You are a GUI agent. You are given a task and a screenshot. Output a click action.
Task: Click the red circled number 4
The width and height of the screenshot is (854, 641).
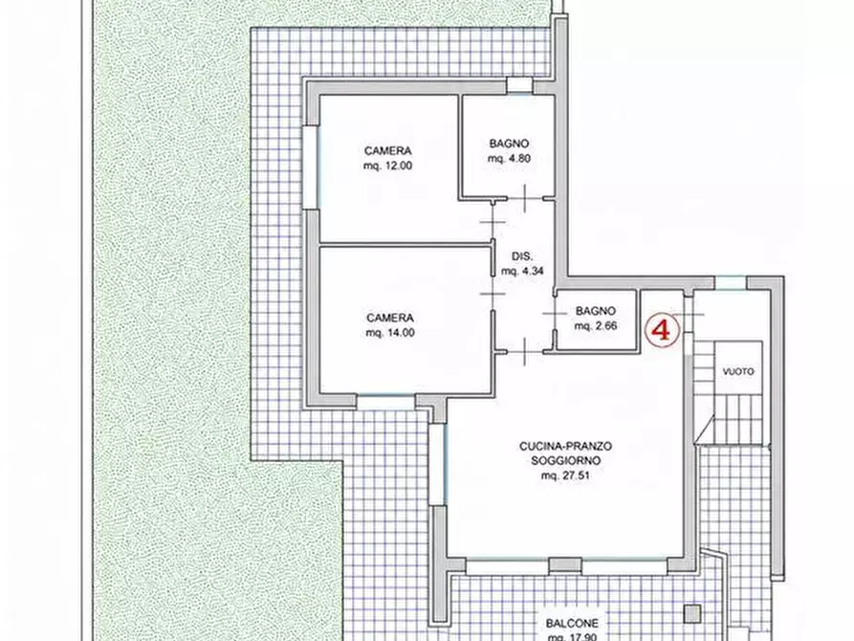pos(663,330)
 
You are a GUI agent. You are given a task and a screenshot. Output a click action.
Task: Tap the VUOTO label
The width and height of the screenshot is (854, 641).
pos(738,371)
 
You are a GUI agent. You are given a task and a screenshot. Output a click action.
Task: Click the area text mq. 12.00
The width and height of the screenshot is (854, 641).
pos(387,166)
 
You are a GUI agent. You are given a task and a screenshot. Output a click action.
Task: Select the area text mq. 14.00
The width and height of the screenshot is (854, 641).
pos(390,333)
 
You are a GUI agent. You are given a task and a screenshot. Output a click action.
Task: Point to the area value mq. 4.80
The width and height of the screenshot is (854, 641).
pos(509,159)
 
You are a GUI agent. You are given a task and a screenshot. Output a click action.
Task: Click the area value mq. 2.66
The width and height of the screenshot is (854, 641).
pos(596,326)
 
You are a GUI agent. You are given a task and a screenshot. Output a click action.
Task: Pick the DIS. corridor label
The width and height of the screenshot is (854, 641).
pos(522,256)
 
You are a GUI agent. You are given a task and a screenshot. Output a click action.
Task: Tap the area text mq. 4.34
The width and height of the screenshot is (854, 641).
pos(522,271)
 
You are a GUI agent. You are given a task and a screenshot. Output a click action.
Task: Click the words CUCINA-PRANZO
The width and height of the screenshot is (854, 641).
pos(565,446)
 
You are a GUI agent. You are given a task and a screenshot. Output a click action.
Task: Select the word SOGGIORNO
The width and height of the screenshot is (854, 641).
pos(566,460)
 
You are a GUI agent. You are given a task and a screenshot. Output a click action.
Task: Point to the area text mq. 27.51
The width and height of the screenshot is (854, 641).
pos(565,475)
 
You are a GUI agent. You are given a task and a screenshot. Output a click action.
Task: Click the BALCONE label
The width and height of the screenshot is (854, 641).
pos(572,623)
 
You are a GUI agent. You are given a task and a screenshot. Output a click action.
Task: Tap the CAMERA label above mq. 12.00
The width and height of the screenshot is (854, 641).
pos(387,150)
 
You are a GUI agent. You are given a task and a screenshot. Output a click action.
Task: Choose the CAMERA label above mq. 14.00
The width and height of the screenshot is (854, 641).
pos(390,318)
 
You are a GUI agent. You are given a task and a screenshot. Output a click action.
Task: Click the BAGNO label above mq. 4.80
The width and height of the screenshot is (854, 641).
pos(509,144)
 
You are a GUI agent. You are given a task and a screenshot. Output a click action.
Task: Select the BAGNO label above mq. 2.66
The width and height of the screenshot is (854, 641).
pos(596,311)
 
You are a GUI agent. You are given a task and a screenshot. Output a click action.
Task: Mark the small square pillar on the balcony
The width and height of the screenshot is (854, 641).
pos(693,614)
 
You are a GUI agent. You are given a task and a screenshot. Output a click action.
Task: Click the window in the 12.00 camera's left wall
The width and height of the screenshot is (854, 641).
pos(311,167)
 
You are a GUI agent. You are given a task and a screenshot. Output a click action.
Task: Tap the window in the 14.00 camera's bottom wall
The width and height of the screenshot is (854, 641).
pos(386,402)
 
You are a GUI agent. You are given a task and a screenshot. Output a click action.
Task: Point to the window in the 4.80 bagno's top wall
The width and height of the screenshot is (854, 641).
pos(519,86)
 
